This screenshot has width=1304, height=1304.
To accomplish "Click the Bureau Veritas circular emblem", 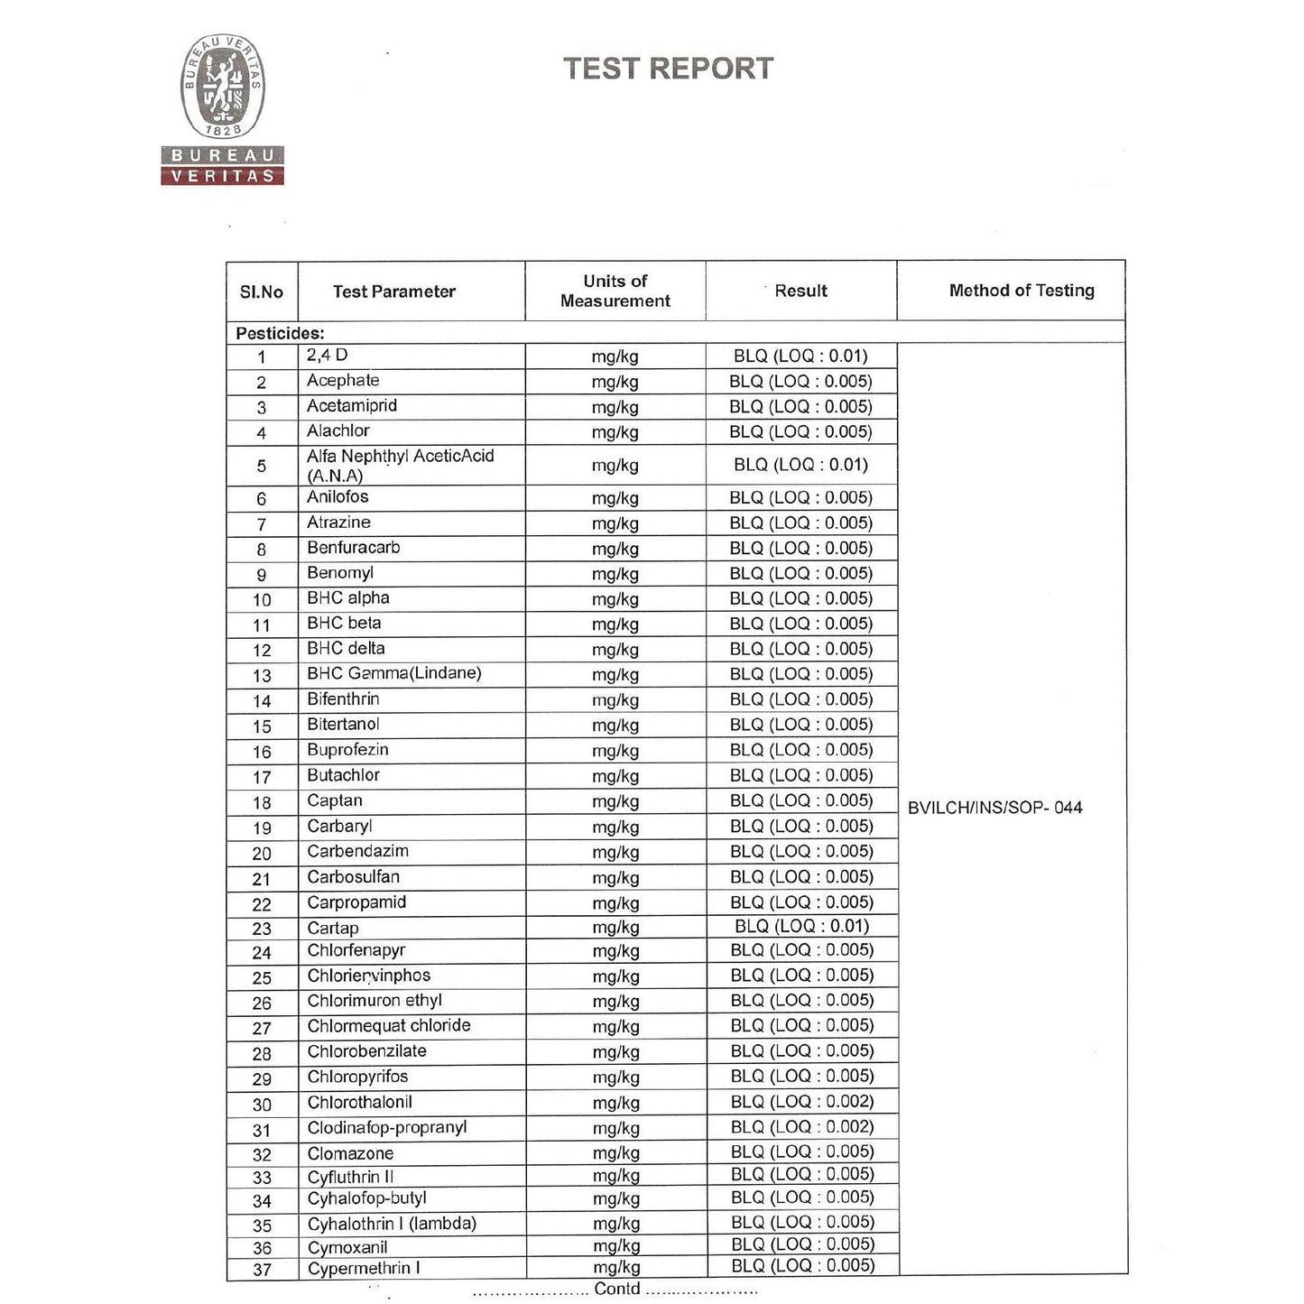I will click(222, 86).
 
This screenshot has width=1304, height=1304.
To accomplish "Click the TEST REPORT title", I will click(668, 69).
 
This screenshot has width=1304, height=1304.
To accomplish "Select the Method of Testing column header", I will click(1021, 291).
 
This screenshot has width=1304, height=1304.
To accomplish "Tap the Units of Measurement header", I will click(615, 291).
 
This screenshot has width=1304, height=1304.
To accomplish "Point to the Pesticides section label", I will click(280, 333).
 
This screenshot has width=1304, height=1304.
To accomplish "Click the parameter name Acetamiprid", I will click(352, 406).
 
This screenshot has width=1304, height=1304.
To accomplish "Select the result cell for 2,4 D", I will click(800, 356).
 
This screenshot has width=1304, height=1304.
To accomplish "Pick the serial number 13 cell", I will click(262, 675).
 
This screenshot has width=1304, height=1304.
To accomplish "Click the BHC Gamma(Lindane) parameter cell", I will click(394, 673).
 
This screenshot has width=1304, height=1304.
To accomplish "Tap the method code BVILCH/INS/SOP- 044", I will click(994, 808).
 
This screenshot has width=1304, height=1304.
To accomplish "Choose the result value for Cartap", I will click(801, 926).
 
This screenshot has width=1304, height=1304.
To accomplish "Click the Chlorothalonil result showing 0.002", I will click(801, 1102).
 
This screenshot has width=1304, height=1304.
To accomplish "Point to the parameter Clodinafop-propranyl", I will click(387, 1128).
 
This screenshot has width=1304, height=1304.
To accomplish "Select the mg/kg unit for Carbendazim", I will click(615, 852).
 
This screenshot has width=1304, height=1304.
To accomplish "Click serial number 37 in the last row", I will click(262, 1270).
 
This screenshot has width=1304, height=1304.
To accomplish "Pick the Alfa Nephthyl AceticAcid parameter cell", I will click(400, 466).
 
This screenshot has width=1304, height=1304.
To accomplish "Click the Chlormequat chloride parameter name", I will click(389, 1026).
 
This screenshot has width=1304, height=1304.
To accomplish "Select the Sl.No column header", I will click(262, 291).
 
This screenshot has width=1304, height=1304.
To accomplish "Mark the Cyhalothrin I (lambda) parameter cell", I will click(392, 1224).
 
